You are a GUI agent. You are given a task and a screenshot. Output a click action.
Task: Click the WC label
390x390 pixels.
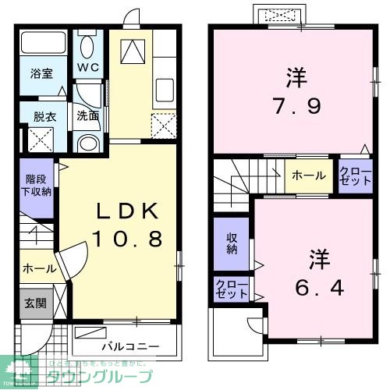point(87,67)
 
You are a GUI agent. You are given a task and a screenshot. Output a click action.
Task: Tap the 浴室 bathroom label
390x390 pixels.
point(41,75)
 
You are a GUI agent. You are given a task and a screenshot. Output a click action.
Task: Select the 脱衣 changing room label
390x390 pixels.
point(43,117)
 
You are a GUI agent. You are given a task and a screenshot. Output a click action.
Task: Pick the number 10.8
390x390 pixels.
point(129,238)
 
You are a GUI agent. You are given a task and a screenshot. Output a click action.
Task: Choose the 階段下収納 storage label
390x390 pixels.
point(37,184)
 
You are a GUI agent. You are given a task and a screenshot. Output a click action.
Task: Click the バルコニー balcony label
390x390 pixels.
point(129,345)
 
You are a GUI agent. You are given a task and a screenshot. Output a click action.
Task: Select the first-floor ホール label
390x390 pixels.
point(38,268)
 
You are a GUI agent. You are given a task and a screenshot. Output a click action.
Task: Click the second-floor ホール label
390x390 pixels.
point(309,176)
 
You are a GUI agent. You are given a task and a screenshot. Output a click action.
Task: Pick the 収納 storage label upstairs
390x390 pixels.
point(232,243)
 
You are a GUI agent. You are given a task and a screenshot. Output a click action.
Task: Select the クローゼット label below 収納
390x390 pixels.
point(232,289)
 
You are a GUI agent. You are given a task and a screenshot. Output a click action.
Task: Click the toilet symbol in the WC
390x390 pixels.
point(87,43)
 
